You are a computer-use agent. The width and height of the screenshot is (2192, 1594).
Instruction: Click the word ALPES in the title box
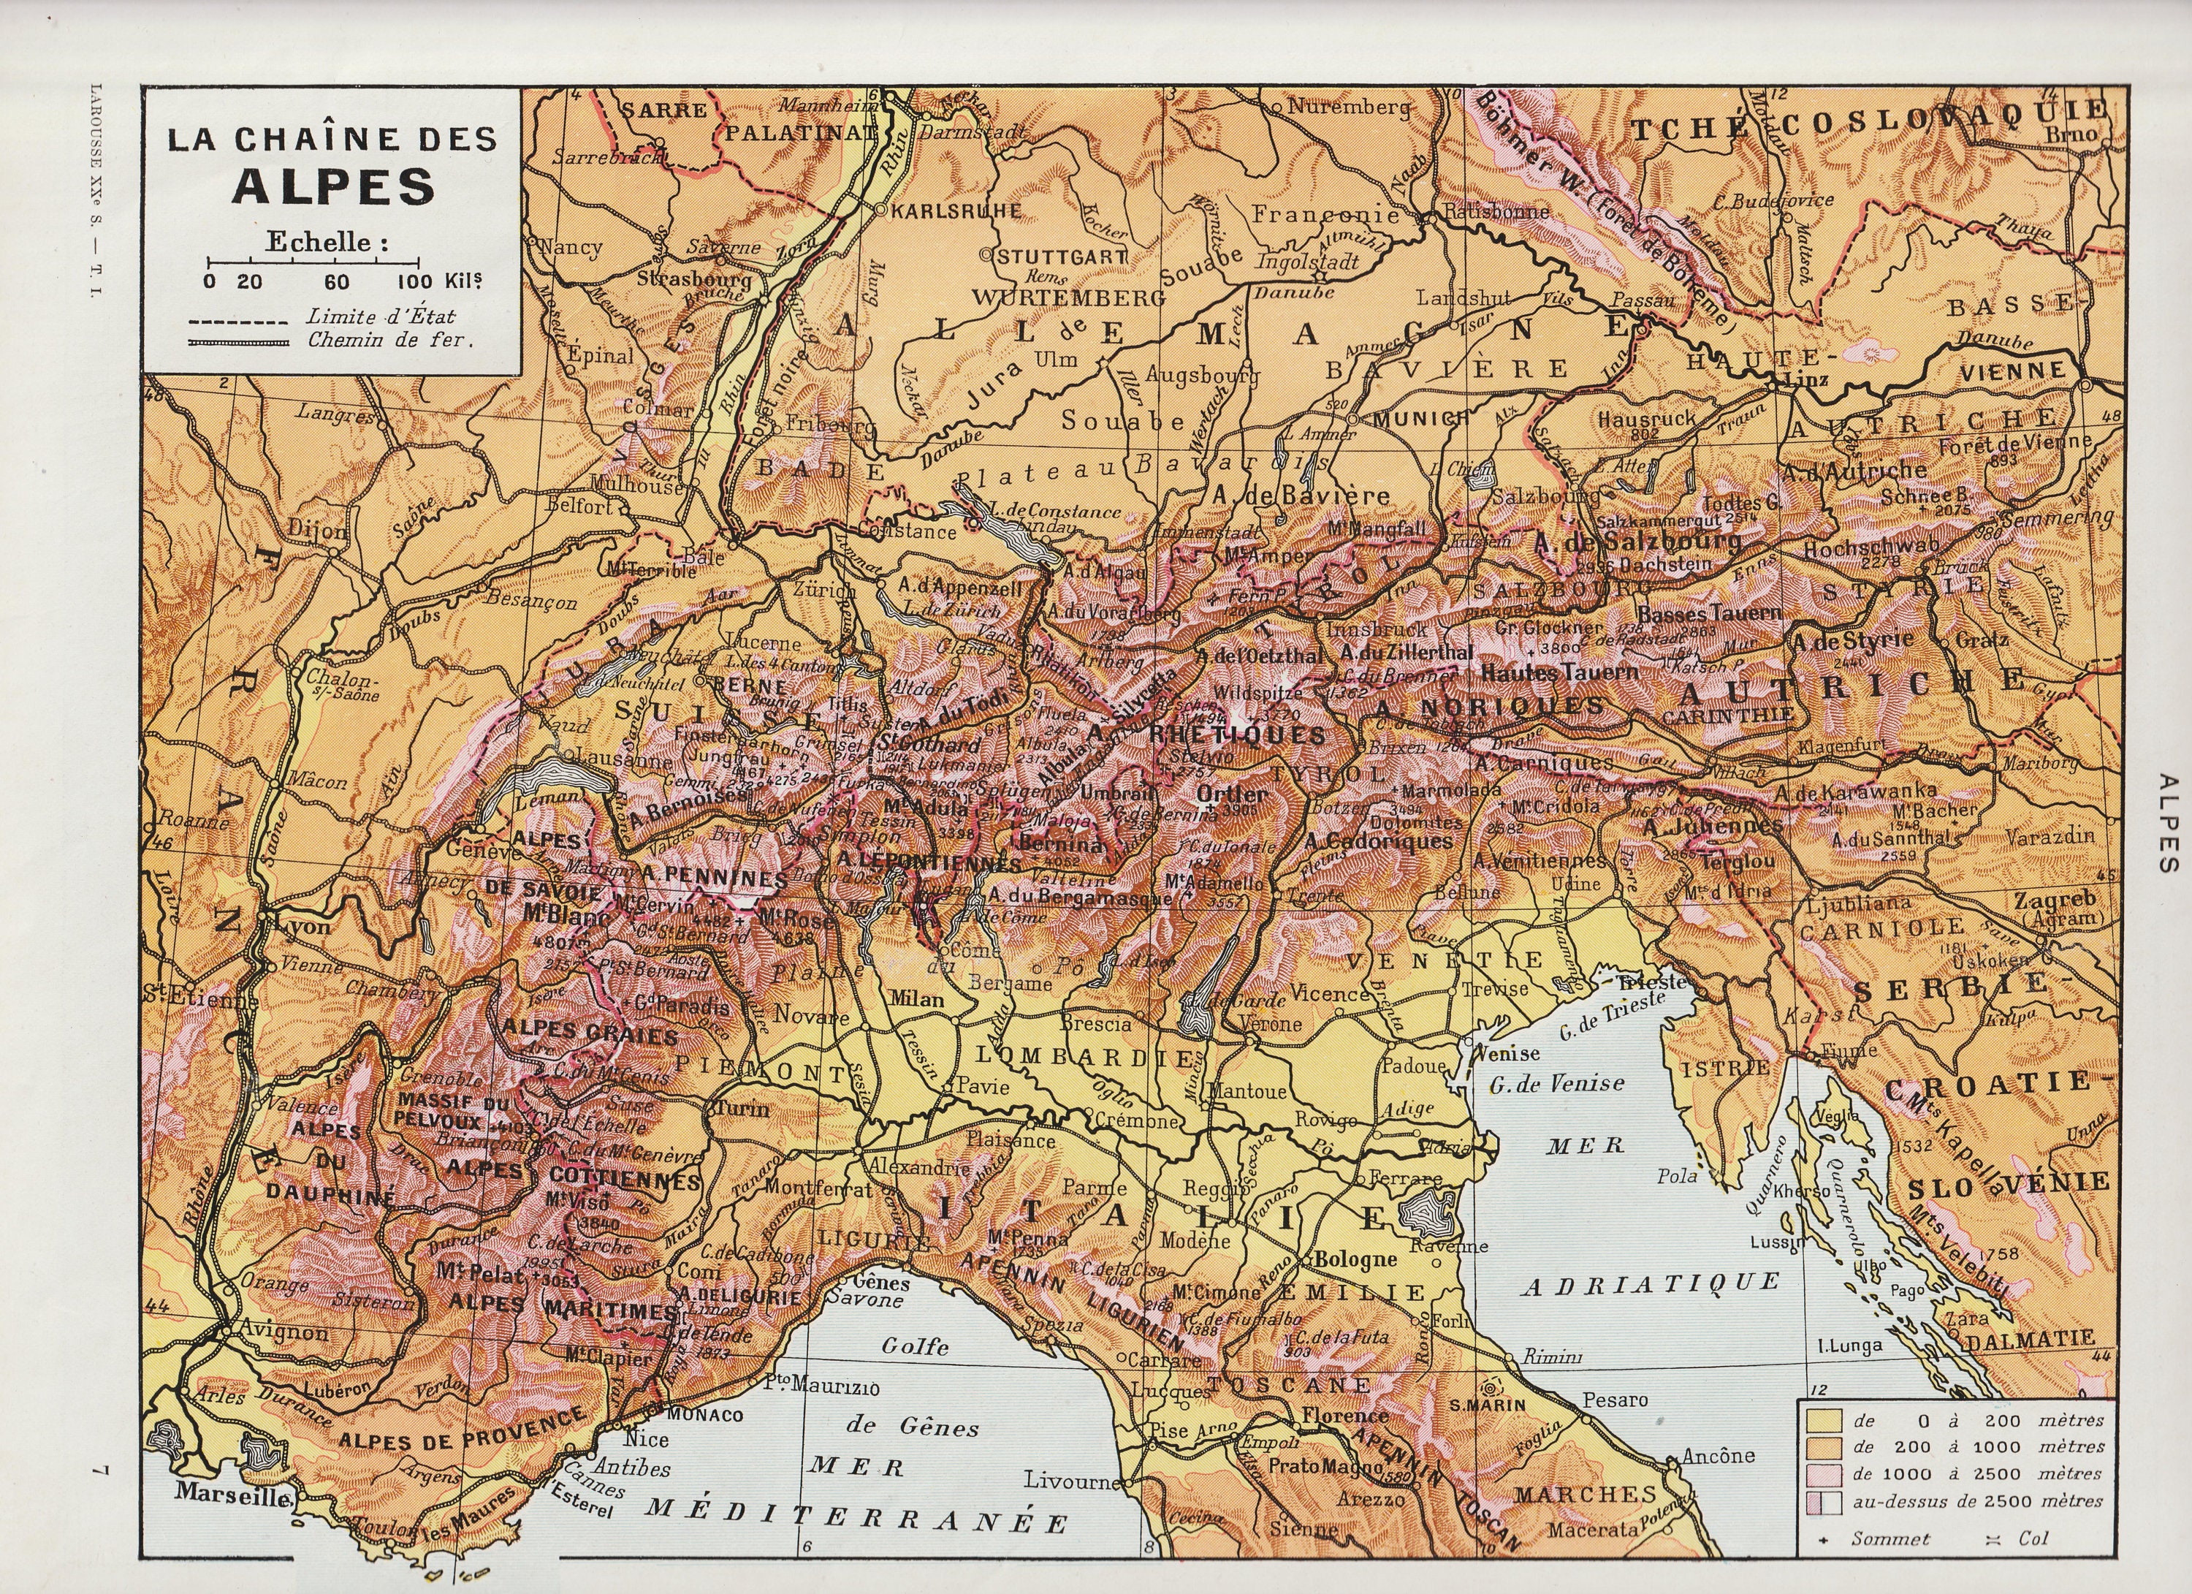coord(332,186)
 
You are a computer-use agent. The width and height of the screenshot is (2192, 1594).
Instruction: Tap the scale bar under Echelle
coord(314,262)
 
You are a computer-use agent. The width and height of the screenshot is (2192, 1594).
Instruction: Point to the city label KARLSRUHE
coord(943,210)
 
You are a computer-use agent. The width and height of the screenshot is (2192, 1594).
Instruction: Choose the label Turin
coord(743,1109)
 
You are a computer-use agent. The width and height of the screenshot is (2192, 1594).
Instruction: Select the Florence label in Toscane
coord(1344,1415)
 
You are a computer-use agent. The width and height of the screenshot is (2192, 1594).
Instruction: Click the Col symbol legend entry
coord(2033,1538)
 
